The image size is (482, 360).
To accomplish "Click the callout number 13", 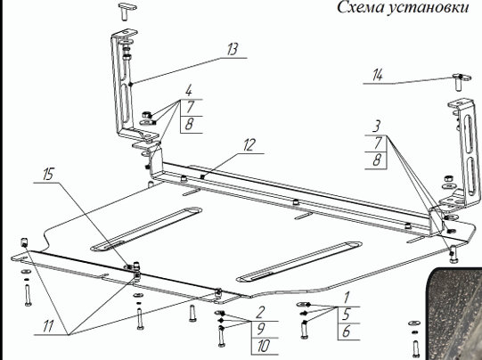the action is pyautogui.click(x=233, y=49).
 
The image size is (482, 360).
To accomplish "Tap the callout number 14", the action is pyautogui.click(x=378, y=76).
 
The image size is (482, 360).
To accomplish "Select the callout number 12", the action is pyautogui.click(x=249, y=145).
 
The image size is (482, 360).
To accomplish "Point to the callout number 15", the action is pyautogui.click(x=48, y=174).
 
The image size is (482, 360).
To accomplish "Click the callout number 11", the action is pyautogui.click(x=48, y=326).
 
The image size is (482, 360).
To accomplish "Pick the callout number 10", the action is pyautogui.click(x=263, y=346).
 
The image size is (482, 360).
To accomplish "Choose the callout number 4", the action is pyautogui.click(x=189, y=91).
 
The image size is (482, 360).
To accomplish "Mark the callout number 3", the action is pyautogui.click(x=377, y=127).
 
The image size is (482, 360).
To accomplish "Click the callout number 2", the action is pyautogui.click(x=260, y=313).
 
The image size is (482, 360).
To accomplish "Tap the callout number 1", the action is pyautogui.click(x=347, y=298).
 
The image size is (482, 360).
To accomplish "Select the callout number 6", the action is pyautogui.click(x=346, y=331).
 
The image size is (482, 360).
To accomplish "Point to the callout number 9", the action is pyautogui.click(x=260, y=329).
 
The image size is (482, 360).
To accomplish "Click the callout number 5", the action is pyautogui.click(x=346, y=315).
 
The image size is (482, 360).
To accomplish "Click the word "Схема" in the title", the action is pyautogui.click(x=359, y=7).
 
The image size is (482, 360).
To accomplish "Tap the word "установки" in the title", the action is pyautogui.click(x=427, y=8).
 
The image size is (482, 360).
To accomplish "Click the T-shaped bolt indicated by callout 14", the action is pyautogui.click(x=459, y=81).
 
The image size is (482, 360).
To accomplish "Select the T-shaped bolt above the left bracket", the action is pyautogui.click(x=125, y=11).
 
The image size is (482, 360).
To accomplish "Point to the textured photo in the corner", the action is pyautogui.click(x=453, y=314).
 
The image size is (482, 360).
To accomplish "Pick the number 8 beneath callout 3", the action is pyautogui.click(x=377, y=160).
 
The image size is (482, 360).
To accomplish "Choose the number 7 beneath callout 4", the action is pyautogui.click(x=191, y=107).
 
